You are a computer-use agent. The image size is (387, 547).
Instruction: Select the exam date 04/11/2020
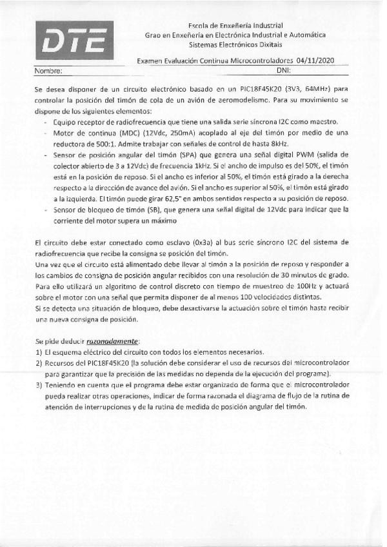click(327, 60)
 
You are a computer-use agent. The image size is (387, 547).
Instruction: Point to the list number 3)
click(39, 384)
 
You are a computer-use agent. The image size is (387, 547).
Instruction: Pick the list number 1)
click(39, 352)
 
